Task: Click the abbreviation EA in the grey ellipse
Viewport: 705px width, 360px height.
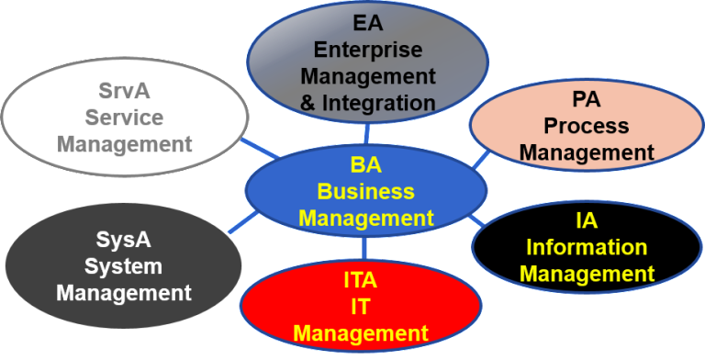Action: point(366,23)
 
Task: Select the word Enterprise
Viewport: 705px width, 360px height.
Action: point(366,50)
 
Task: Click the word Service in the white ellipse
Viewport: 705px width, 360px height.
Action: point(123,118)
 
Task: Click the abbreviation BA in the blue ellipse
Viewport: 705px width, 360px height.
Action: point(365,166)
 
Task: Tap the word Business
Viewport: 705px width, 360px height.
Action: point(365,192)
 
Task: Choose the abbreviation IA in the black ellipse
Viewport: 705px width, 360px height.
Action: point(587,221)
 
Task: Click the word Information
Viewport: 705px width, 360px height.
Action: point(587,248)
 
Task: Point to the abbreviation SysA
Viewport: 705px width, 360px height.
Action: point(123,242)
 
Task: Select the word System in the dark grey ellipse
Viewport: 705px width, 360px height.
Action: point(123,267)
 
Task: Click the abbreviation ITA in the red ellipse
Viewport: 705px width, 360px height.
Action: point(361,280)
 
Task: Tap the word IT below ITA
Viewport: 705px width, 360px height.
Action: point(361,306)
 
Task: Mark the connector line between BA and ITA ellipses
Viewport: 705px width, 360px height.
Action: point(364,247)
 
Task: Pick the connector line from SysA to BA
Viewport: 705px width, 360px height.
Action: point(242,221)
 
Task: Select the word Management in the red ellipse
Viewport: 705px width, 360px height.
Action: point(361,332)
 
